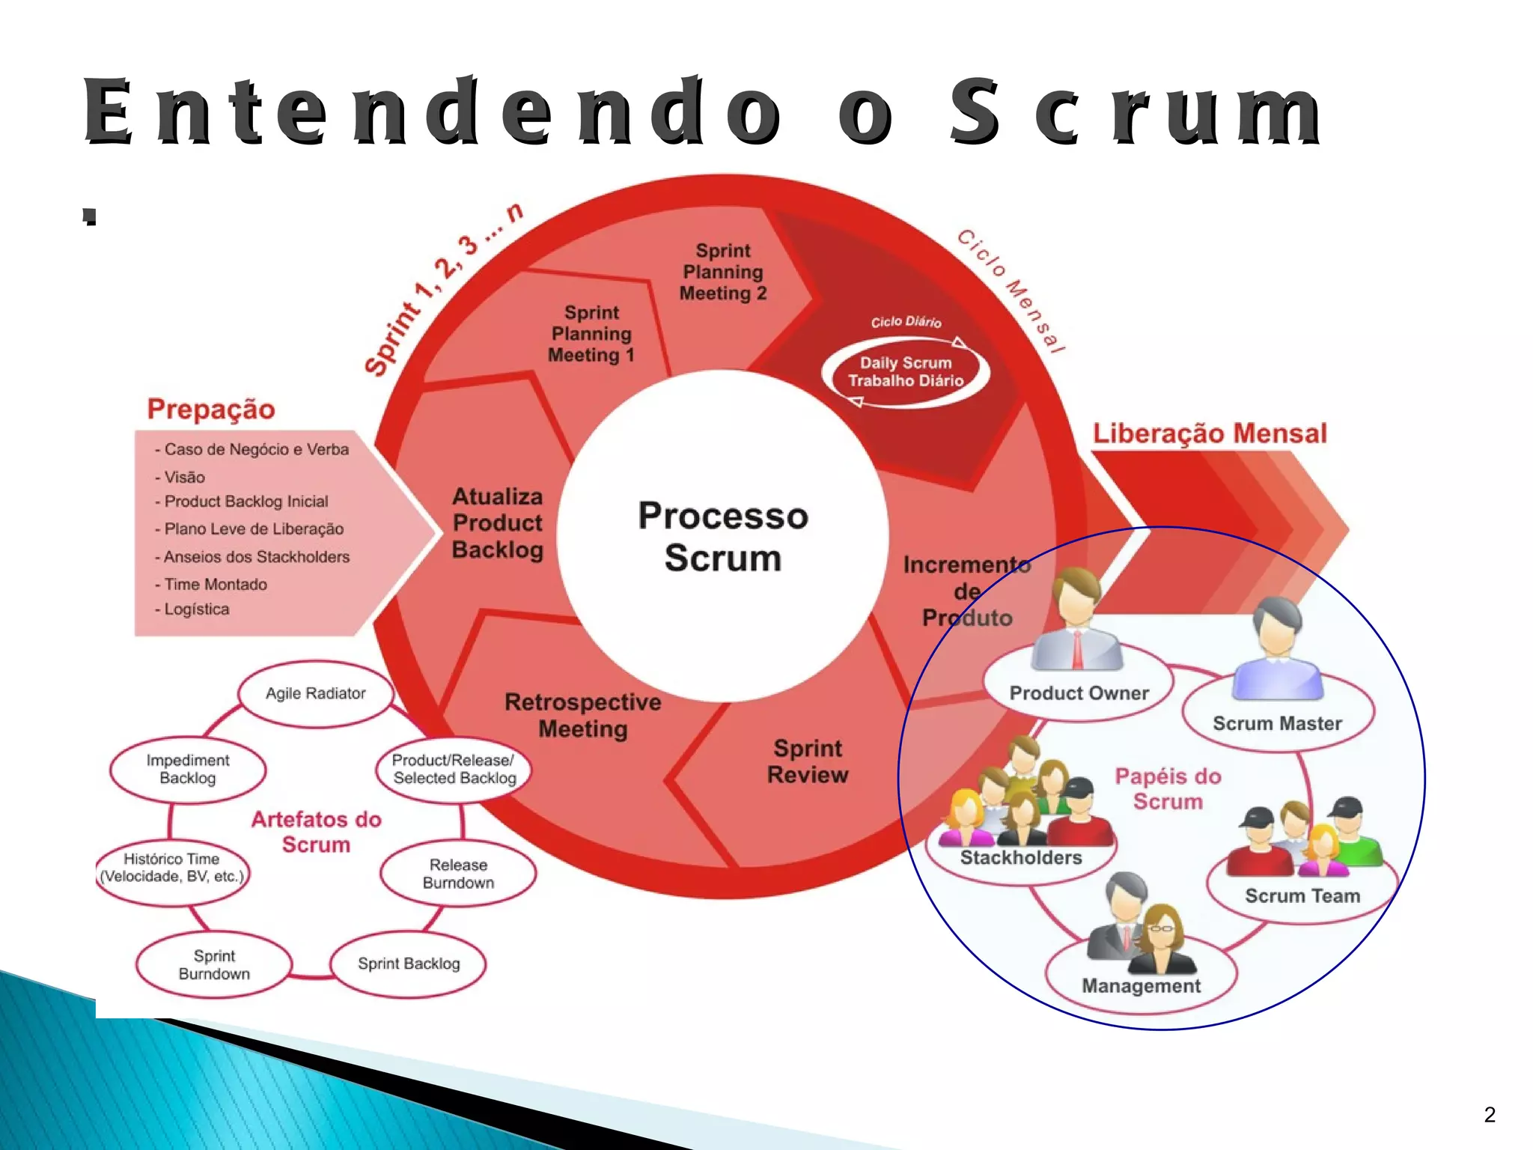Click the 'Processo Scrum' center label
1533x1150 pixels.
click(x=723, y=536)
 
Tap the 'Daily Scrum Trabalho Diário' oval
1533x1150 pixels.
click(x=906, y=372)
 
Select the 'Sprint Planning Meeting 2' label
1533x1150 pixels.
click(x=723, y=272)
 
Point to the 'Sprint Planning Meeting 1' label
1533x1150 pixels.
click(x=591, y=334)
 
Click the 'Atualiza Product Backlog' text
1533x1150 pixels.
click(x=498, y=523)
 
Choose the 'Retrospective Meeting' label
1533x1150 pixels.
click(x=583, y=715)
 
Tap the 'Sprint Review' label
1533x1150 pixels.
click(x=808, y=761)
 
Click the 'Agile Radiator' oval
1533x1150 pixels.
click(x=316, y=693)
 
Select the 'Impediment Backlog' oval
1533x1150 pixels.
click(x=188, y=769)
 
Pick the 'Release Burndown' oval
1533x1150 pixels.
click(x=458, y=874)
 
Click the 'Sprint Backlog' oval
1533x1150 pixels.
click(x=409, y=964)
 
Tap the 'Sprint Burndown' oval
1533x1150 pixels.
click(x=214, y=964)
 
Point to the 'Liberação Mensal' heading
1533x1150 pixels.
click(x=1210, y=433)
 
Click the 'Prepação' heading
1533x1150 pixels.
click(x=211, y=410)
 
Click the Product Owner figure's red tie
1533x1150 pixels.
click(x=1078, y=647)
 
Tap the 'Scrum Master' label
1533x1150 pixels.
click(x=1277, y=723)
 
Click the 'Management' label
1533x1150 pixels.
click(x=1141, y=986)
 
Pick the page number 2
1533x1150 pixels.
click(x=1489, y=1115)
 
